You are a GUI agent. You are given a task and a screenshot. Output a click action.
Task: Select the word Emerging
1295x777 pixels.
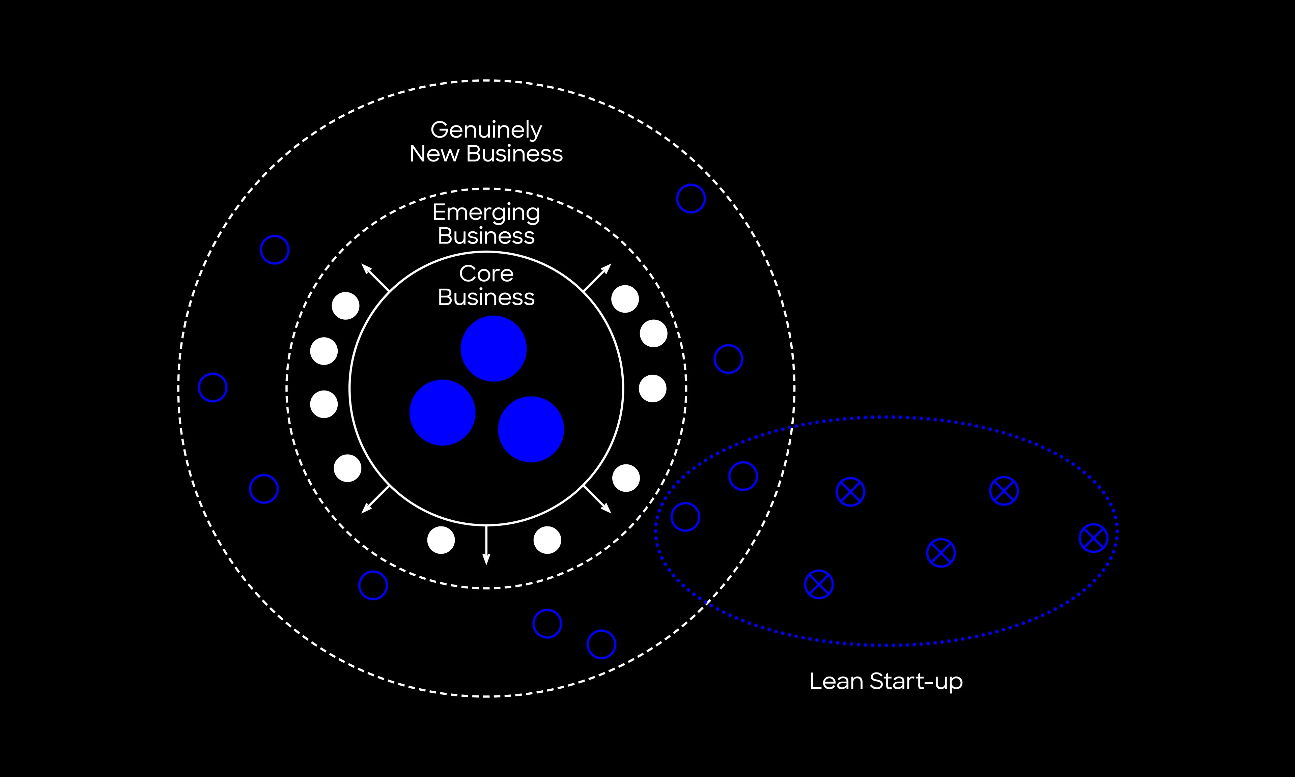(486, 212)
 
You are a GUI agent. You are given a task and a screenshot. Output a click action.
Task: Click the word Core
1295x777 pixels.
(486, 273)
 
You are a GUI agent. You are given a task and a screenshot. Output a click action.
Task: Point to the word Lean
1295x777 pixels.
(836, 681)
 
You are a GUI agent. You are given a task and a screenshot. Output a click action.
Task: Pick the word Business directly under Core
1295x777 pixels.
(486, 297)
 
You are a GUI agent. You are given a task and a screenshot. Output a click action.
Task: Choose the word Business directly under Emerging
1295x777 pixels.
(486, 236)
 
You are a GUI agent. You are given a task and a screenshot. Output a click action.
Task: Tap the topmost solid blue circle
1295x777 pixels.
(493, 349)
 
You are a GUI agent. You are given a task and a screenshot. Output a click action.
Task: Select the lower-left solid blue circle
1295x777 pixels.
(443, 412)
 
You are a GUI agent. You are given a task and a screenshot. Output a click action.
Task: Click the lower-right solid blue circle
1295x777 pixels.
(531, 429)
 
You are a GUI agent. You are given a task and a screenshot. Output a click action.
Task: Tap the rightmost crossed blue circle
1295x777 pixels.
(1093, 538)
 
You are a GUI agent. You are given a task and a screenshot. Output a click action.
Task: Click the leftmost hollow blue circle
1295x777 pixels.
(213, 387)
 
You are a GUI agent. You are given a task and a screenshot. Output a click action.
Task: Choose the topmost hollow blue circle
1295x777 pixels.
(691, 198)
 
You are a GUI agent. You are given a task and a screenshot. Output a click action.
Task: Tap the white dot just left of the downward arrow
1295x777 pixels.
(441, 540)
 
